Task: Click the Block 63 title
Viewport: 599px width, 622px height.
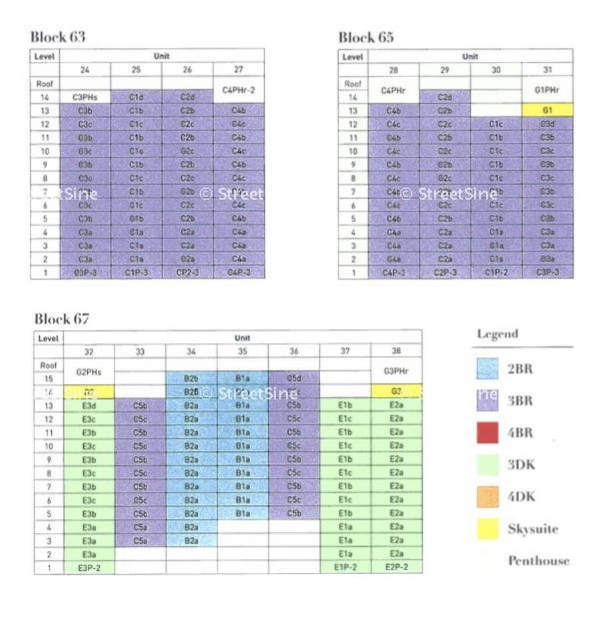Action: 58,36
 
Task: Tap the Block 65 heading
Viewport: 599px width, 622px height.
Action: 365,37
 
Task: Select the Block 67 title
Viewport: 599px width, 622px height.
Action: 61,318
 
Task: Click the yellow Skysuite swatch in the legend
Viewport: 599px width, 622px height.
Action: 488,529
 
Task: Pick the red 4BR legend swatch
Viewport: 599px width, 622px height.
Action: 488,433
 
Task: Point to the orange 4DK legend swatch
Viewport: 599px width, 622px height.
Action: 488,496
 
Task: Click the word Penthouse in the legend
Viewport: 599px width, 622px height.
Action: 538,560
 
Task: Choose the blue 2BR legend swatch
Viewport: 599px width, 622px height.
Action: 488,369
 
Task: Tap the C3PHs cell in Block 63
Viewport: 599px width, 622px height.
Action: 85,98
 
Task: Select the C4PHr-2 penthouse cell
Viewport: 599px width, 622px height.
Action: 239,89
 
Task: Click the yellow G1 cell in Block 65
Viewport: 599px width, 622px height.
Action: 547,111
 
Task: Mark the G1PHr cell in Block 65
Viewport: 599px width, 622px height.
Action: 547,89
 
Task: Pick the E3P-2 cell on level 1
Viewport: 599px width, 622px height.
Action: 89,568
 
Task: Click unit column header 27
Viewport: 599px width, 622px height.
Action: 239,69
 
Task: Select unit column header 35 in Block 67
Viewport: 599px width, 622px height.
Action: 243,351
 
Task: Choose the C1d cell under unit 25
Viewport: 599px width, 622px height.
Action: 136,98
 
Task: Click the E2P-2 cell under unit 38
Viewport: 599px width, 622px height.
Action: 396,568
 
